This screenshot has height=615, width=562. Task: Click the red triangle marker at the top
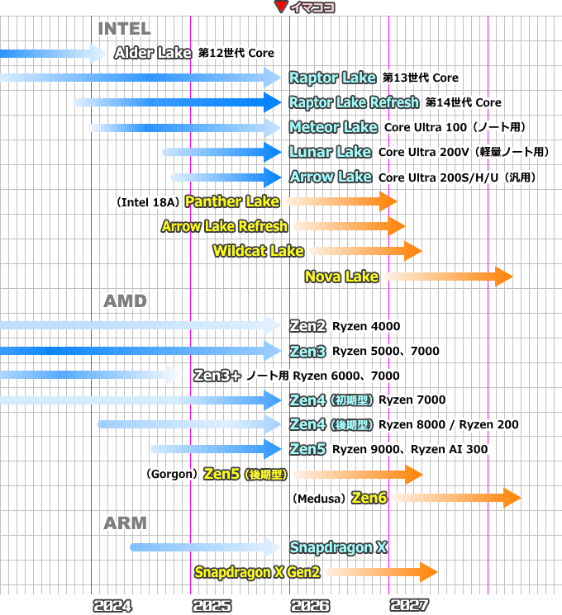(281, 7)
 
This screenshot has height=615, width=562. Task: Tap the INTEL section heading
(124, 29)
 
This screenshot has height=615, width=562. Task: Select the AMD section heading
(125, 301)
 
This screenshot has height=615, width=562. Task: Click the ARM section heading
(125, 523)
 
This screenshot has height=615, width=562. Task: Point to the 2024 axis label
(112, 606)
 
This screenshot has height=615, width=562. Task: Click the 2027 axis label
(410, 606)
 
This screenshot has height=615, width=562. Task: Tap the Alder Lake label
(153, 53)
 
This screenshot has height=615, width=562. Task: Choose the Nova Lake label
(341, 276)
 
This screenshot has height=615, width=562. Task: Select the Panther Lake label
(232, 201)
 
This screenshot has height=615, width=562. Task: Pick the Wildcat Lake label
(258, 251)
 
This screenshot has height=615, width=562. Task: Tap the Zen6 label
(369, 498)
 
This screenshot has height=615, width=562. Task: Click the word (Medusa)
(319, 499)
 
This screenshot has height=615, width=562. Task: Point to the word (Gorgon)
(171, 474)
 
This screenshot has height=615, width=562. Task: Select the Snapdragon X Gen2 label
(257, 572)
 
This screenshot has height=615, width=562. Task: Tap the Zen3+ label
(217, 376)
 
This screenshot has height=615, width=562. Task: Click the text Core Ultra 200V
(423, 152)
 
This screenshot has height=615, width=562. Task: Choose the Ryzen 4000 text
(366, 326)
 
